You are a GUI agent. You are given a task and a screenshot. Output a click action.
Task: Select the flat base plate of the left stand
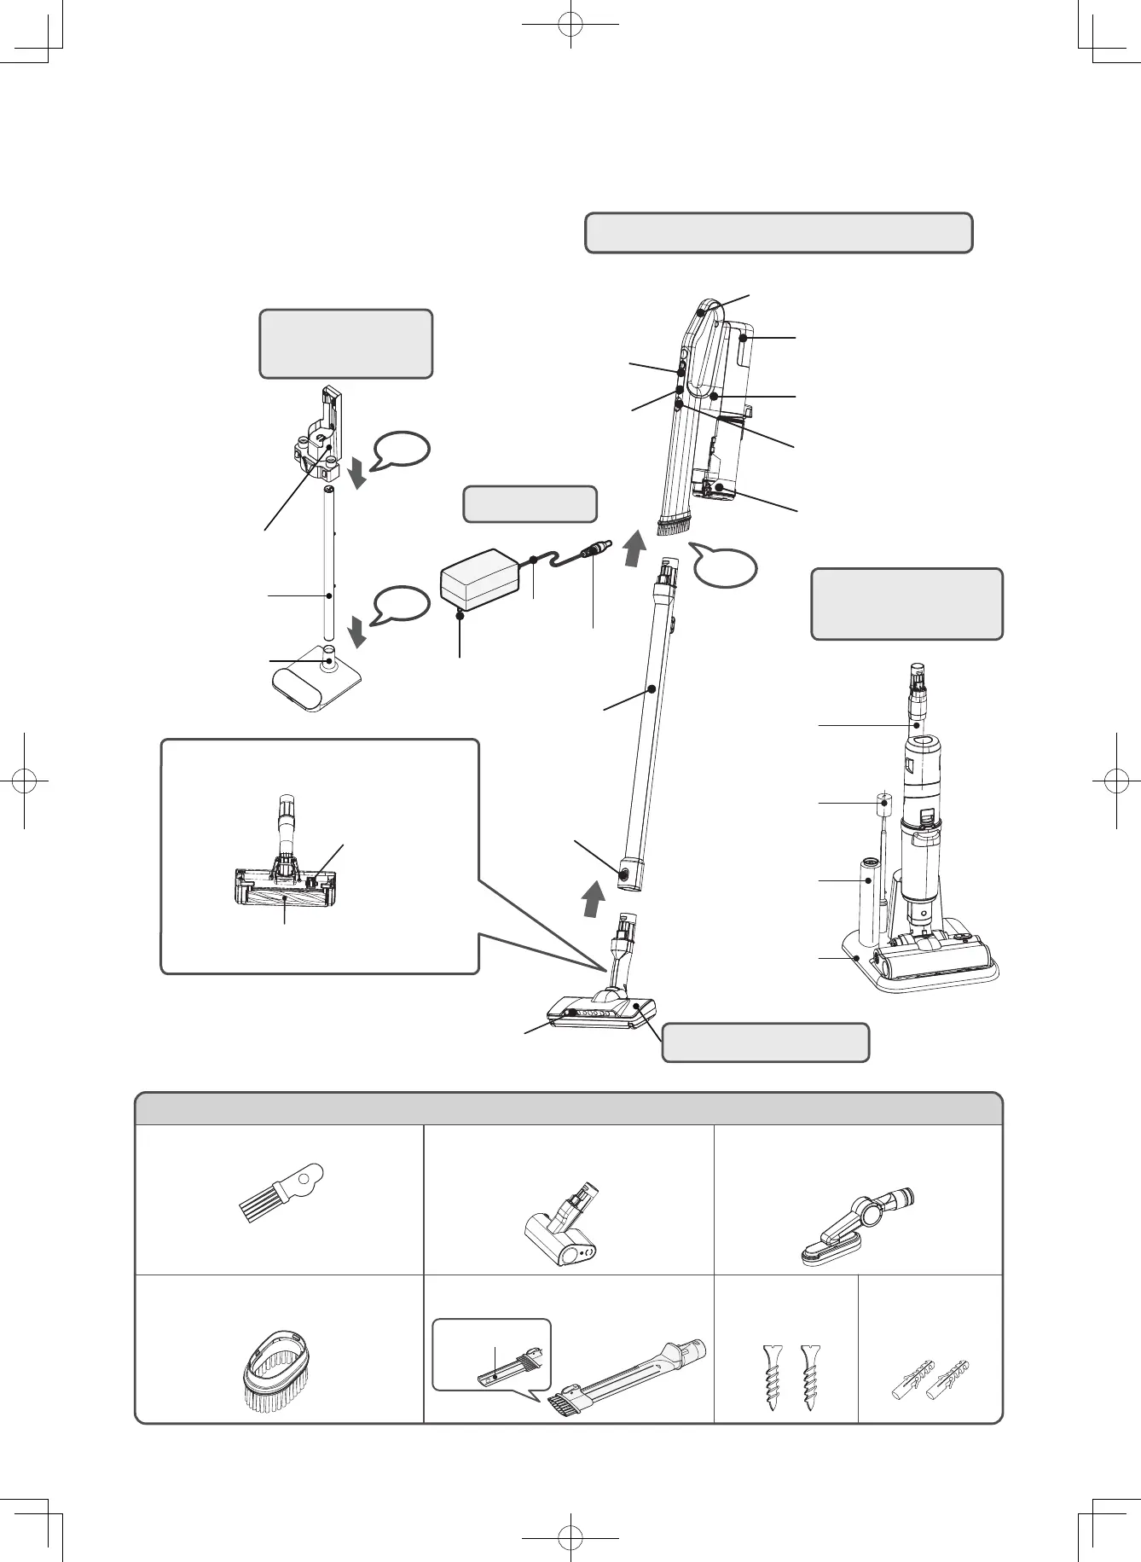coord(315,683)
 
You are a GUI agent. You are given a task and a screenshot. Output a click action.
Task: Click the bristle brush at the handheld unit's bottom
coord(674,523)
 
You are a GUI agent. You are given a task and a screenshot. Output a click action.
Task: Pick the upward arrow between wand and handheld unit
coord(632,549)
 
